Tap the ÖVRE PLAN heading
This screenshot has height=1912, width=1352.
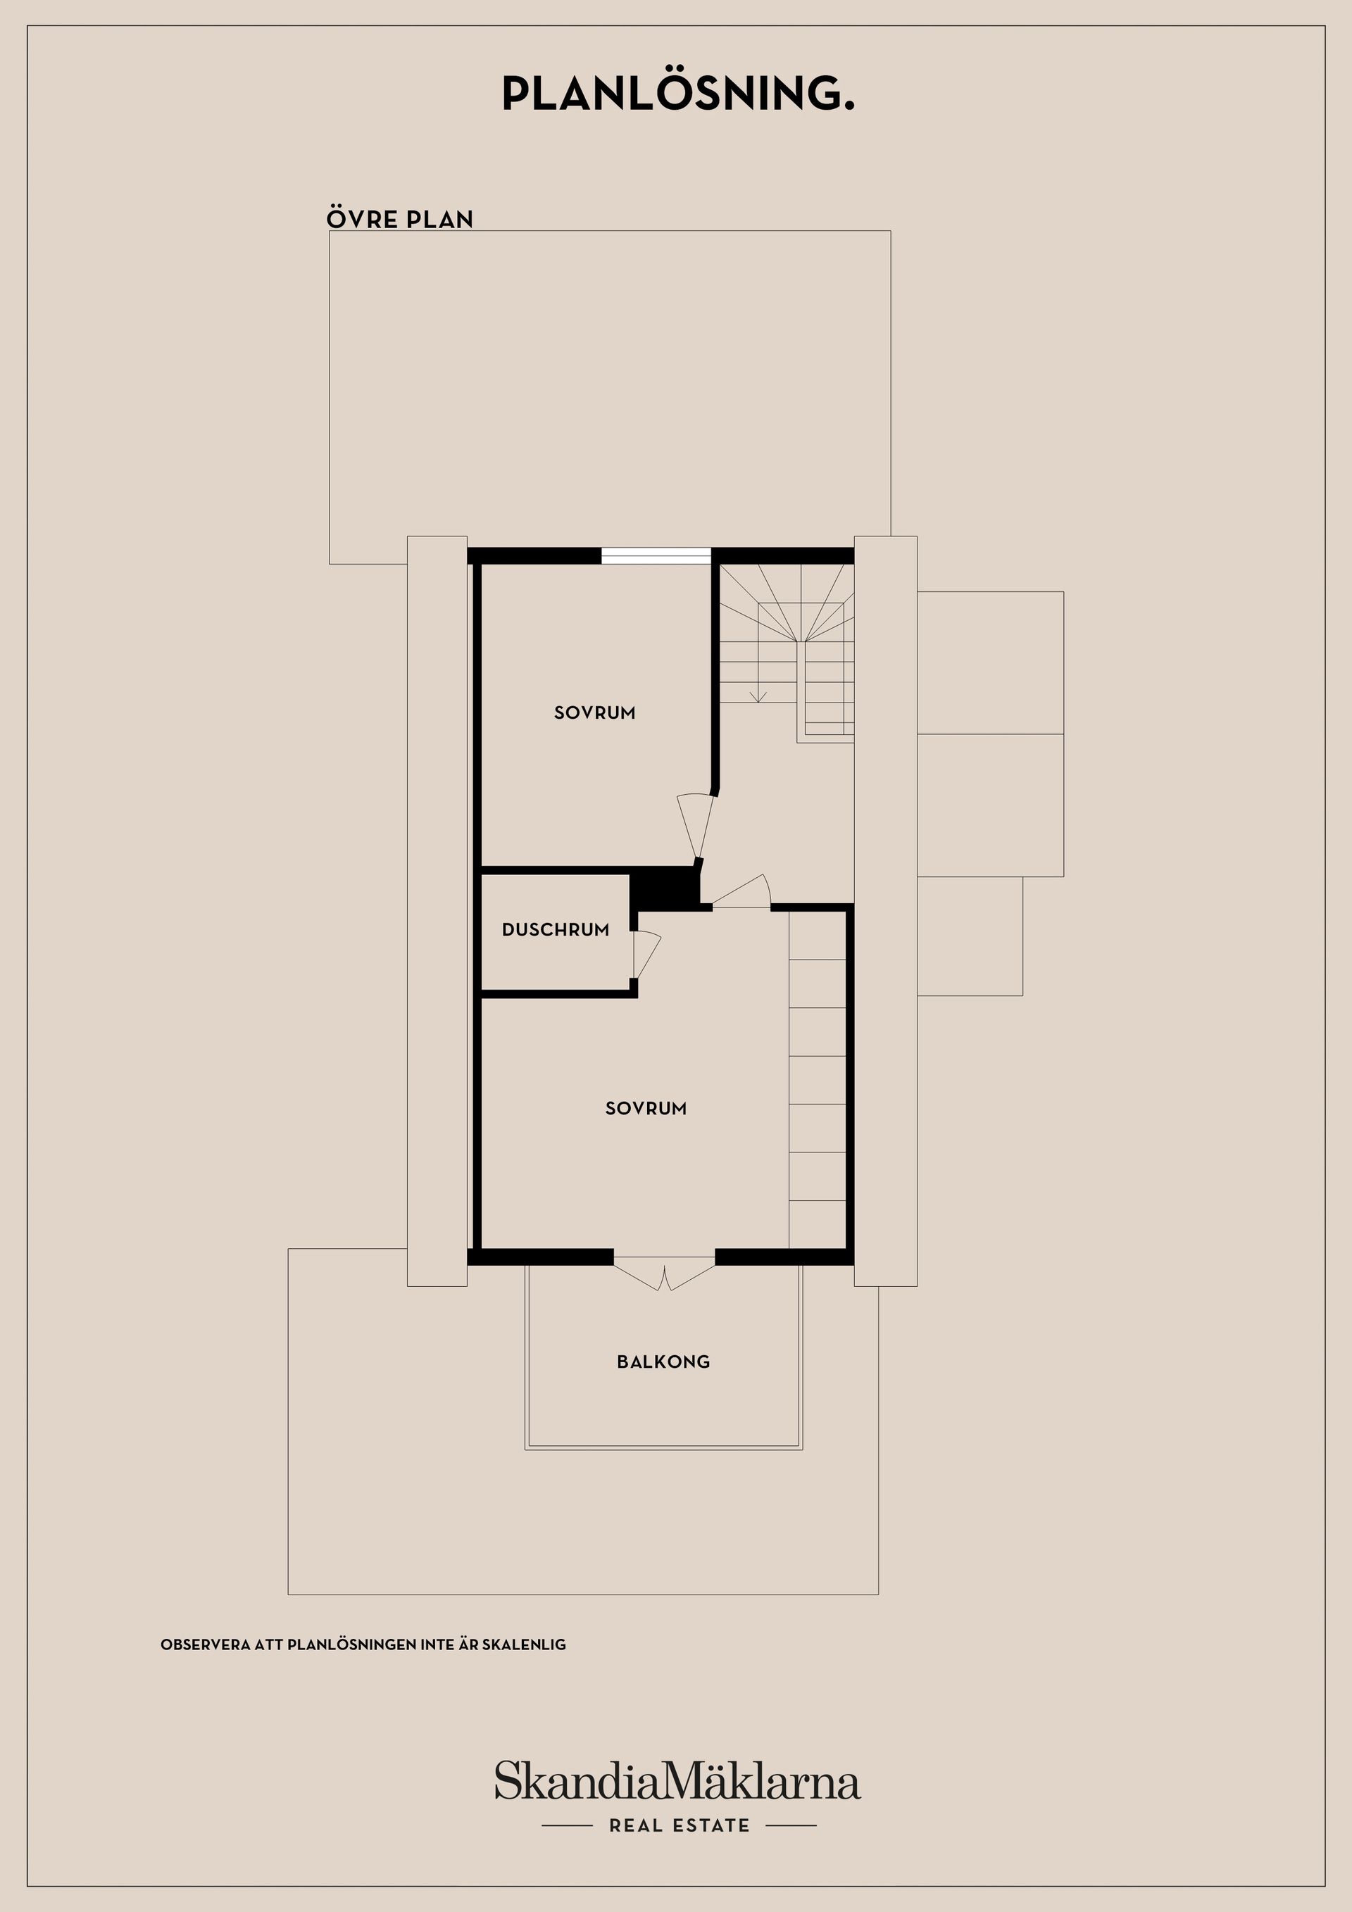coord(400,219)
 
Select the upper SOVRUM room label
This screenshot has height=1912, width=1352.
coord(595,713)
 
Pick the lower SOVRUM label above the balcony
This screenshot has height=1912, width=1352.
coord(646,1108)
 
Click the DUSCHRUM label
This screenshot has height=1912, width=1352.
coord(556,930)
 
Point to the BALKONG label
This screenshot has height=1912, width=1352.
coord(663,1362)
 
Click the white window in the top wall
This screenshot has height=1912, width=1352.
coord(656,555)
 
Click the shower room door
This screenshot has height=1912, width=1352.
coord(646,955)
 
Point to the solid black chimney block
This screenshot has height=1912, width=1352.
coord(664,887)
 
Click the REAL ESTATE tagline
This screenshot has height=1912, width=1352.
coord(679,1825)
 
